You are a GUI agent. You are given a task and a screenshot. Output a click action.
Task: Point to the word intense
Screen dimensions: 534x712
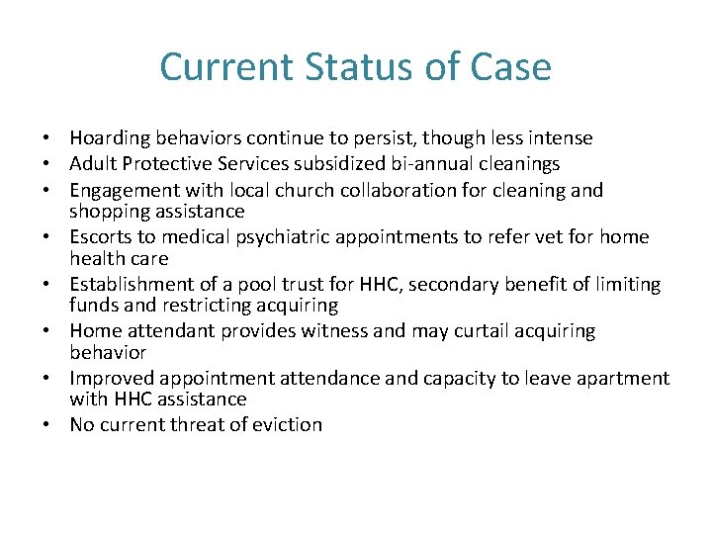tap(561, 138)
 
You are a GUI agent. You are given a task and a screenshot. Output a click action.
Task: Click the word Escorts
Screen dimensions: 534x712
tap(100, 237)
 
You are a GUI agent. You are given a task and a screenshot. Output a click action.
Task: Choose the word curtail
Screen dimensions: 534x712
tap(477, 331)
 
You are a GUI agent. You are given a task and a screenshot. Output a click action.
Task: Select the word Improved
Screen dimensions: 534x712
tap(110, 379)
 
